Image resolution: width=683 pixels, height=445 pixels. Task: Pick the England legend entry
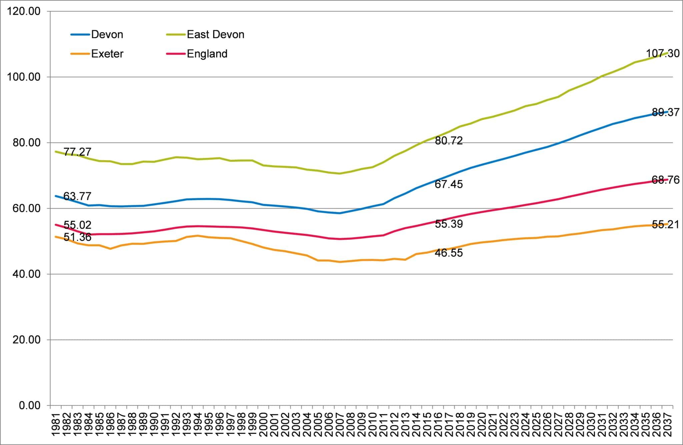coord(207,54)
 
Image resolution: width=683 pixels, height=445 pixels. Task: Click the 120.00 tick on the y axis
coord(23,11)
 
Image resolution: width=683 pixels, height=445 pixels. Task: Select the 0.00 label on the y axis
coord(29,405)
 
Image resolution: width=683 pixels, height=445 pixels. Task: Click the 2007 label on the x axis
coord(340,424)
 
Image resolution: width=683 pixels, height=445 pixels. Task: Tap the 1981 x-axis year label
coord(56,424)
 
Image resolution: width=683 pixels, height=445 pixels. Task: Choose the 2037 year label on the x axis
coord(668,424)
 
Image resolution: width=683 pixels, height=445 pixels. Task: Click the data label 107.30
coord(662,54)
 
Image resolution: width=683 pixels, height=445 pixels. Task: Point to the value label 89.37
coord(665,113)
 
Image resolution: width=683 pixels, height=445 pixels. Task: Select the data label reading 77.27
coord(77,152)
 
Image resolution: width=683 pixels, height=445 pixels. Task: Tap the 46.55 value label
coord(449,253)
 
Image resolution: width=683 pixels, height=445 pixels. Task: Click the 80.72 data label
coord(449,141)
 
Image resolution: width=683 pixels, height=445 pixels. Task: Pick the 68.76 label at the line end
coord(665,180)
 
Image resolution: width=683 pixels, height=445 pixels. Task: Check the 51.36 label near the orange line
coord(77,237)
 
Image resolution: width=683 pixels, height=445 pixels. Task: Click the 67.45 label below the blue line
coord(449,184)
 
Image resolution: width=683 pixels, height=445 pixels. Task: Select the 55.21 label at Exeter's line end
coord(665,225)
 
